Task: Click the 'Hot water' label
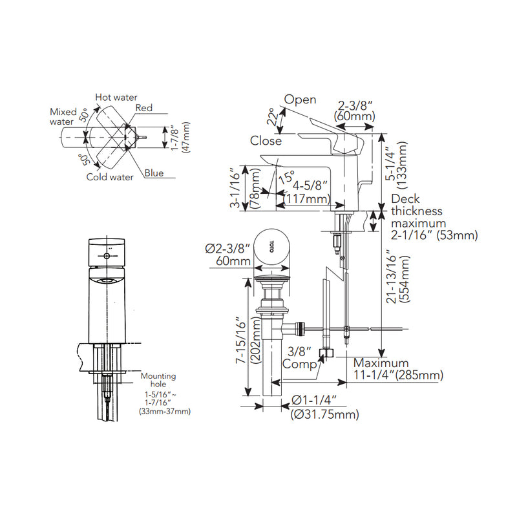point(116,98)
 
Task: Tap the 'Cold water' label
point(110,176)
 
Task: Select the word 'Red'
point(143,108)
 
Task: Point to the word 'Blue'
point(154,173)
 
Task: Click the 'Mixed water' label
point(63,117)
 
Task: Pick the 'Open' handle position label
point(300,100)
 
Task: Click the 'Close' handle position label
point(266,141)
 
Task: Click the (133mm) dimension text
point(402,165)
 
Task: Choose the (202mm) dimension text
point(256,341)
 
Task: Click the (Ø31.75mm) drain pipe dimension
point(325,414)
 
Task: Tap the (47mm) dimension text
point(186,137)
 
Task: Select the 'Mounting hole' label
point(158,380)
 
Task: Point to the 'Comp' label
point(299,364)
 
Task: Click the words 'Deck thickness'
point(416,205)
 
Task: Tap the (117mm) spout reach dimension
point(307,199)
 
